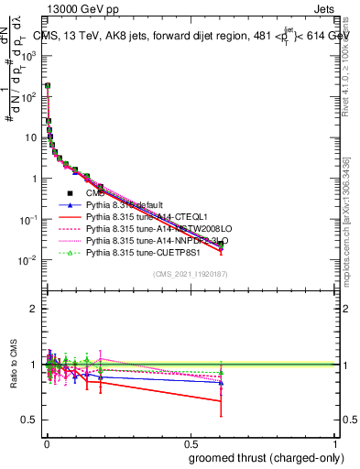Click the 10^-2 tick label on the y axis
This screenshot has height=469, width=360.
point(27,260)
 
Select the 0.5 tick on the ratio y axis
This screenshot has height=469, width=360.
point(29,420)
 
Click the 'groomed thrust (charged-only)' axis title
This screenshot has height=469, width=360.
point(260,457)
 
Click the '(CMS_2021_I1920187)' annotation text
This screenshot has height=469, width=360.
point(191,274)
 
